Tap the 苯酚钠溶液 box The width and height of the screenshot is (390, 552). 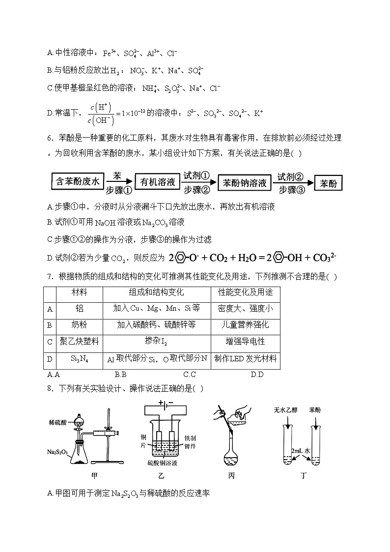244,183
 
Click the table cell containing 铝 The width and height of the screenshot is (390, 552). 79,309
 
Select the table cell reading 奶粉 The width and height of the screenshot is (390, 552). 79,325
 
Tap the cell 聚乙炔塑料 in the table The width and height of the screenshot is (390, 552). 79,342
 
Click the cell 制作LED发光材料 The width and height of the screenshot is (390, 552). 245,359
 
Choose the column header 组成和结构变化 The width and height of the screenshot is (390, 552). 156,292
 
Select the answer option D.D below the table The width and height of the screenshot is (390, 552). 257,375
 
